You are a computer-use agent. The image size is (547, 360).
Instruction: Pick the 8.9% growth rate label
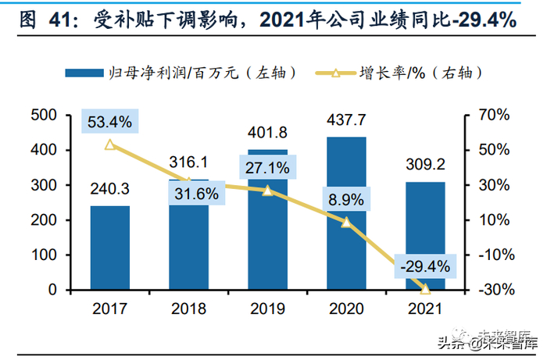(345, 200)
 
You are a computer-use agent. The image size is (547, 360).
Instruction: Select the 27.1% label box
(267, 168)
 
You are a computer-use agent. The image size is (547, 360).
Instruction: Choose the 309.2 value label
(425, 166)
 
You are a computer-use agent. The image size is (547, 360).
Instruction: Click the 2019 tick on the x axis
(267, 308)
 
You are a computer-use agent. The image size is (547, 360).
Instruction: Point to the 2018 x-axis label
(188, 308)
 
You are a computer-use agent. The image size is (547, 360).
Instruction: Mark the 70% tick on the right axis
(493, 115)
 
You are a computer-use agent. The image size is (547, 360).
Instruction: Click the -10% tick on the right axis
(493, 255)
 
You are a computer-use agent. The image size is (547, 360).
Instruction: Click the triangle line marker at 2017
(109, 144)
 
